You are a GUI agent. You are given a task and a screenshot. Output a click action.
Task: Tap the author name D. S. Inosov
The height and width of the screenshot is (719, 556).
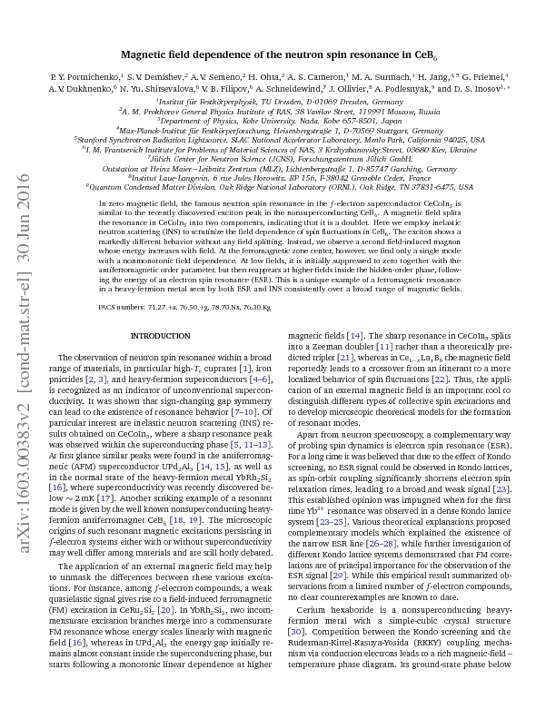[x=468, y=91]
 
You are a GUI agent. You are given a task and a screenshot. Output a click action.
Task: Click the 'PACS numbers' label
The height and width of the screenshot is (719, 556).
[x=121, y=309]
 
